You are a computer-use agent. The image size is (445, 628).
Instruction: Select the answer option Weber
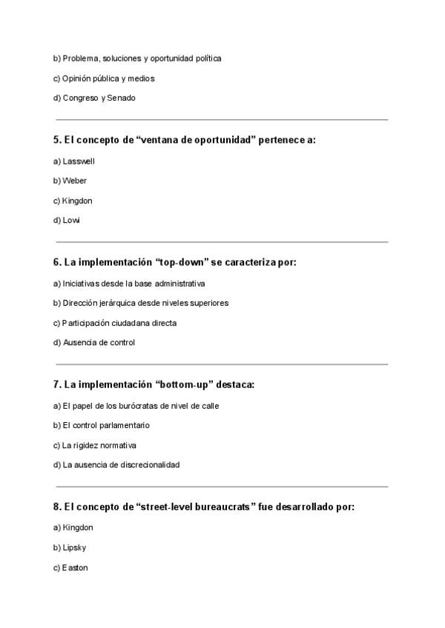click(x=74, y=181)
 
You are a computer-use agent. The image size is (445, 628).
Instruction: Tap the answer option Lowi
click(x=71, y=220)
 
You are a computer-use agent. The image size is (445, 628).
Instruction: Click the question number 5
click(x=57, y=140)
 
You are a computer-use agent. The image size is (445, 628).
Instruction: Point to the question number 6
click(x=57, y=262)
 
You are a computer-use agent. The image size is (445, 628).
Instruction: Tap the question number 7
click(x=57, y=384)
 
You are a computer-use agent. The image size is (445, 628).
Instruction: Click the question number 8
click(x=57, y=507)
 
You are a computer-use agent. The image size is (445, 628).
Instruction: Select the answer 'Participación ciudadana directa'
click(x=119, y=323)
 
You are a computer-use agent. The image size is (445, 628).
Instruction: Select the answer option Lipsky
click(x=75, y=547)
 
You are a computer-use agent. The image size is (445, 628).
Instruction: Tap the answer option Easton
click(x=75, y=567)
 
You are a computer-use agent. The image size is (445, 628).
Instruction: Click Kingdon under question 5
click(x=77, y=201)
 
